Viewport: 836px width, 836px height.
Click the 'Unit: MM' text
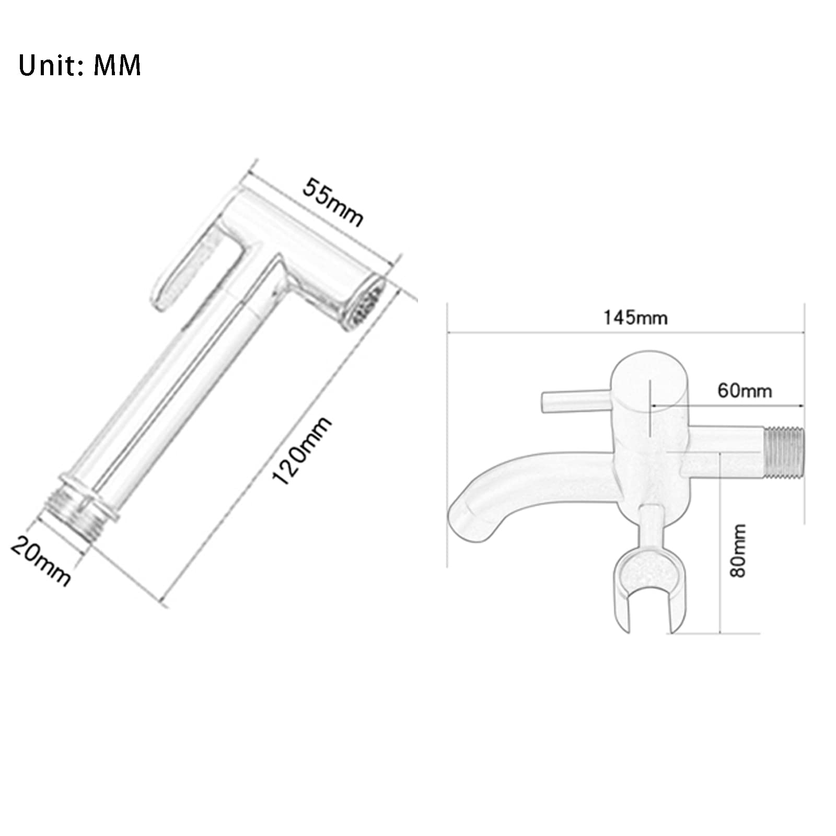(x=79, y=65)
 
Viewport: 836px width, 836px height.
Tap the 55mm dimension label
(x=333, y=202)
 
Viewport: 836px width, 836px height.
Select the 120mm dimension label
(x=302, y=451)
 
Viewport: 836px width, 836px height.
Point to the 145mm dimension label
(x=635, y=318)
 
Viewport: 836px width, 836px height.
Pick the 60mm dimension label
(x=745, y=390)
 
